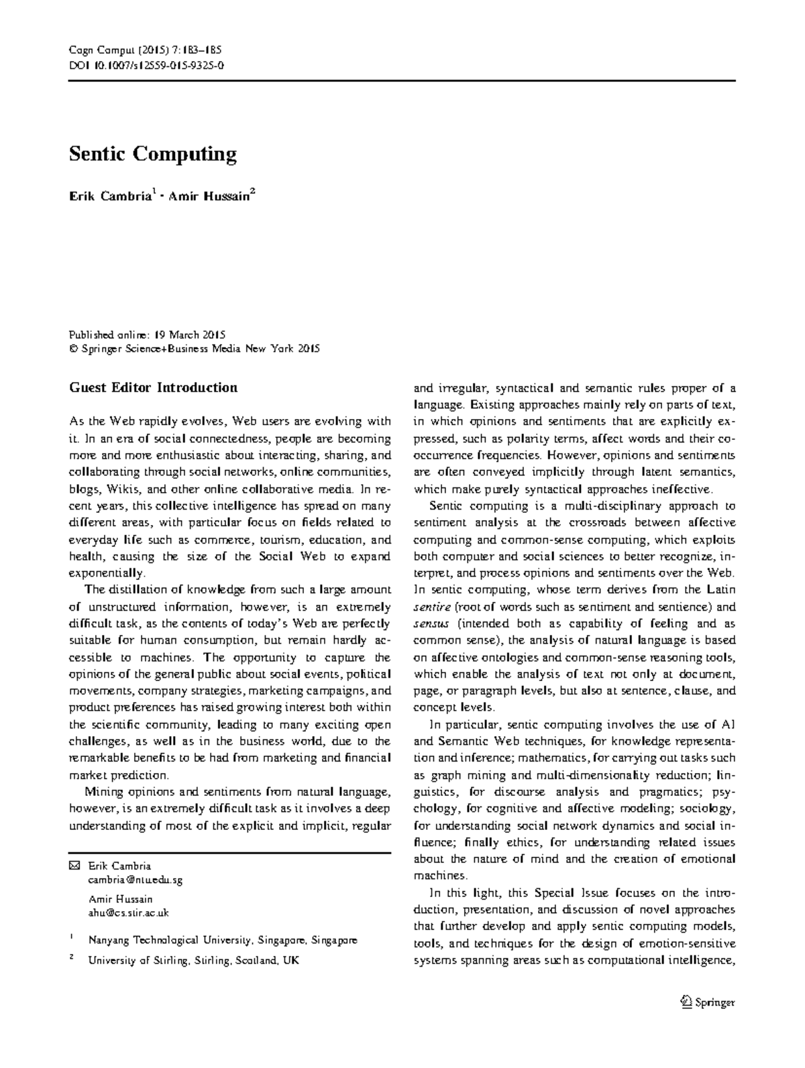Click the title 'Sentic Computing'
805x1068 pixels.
coord(153,154)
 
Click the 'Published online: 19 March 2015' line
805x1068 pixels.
coord(147,335)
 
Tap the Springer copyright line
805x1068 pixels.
coord(195,349)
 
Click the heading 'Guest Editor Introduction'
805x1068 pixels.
coord(153,388)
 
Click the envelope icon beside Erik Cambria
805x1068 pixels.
coord(74,866)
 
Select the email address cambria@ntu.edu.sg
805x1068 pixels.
coord(135,880)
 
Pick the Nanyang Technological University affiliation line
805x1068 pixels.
coord(223,941)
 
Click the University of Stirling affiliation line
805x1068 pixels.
coord(193,961)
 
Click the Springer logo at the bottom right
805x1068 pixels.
coord(707,1002)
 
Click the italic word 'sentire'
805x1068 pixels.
coord(433,607)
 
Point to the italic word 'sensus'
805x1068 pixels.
coord(430,624)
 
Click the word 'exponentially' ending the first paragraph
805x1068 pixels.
coord(106,573)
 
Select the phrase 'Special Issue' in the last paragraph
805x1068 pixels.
coord(566,893)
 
